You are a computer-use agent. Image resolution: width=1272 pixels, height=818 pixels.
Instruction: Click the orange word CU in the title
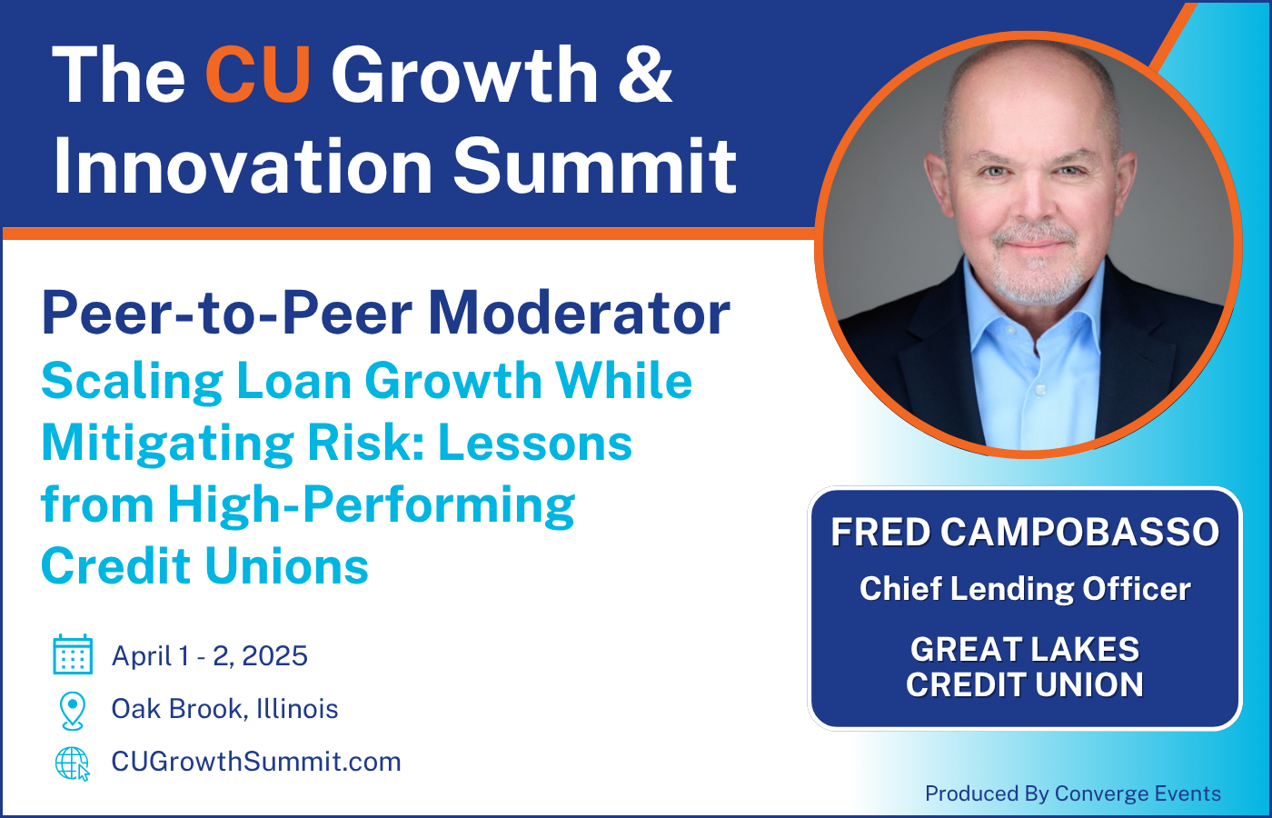coord(258,75)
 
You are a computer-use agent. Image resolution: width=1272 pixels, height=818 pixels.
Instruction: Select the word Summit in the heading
coord(594,166)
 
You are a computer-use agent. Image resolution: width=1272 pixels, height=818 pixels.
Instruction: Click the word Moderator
coord(579,314)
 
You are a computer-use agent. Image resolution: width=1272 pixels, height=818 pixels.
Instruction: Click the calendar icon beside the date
coord(73,654)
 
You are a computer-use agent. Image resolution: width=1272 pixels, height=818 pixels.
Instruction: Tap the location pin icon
coord(73,710)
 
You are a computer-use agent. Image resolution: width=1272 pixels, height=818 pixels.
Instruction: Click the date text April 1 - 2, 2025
coord(210,655)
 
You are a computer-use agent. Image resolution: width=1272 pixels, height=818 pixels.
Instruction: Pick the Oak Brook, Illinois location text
coord(224,709)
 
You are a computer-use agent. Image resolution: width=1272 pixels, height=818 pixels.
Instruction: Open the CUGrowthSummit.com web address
coord(256,762)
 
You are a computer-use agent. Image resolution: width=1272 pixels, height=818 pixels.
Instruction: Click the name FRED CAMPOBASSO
coord(1025,533)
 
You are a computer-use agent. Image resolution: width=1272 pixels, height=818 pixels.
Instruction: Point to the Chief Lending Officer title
coord(1025,589)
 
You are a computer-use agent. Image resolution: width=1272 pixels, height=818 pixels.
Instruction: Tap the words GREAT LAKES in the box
coord(1025,649)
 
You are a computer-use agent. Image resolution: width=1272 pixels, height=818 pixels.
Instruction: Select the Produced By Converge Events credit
coord(1072,793)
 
